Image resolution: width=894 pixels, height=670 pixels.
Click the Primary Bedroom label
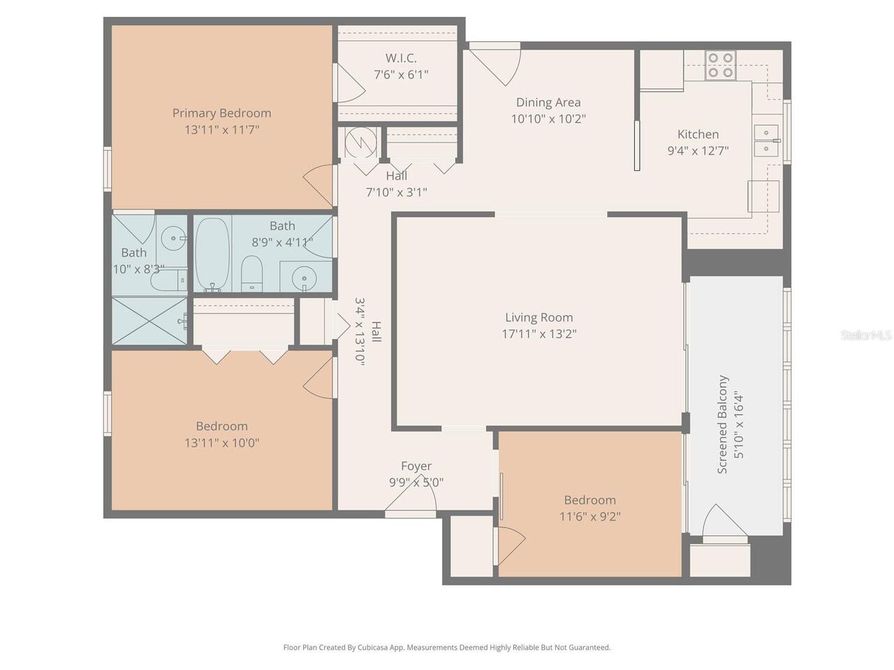(x=221, y=113)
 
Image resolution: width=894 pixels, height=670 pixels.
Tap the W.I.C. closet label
(x=401, y=58)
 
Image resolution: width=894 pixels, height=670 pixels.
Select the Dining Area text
(x=548, y=103)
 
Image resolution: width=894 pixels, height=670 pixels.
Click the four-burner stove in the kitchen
(x=719, y=65)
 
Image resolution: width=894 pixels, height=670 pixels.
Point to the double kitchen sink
(x=765, y=140)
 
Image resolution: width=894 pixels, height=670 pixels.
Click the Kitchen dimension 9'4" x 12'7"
(x=698, y=150)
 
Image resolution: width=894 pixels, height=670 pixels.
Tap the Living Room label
(x=538, y=318)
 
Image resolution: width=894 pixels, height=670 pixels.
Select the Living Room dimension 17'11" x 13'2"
(x=538, y=334)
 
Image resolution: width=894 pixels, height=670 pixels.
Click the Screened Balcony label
(x=723, y=424)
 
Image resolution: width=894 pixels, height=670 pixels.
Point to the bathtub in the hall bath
(x=211, y=255)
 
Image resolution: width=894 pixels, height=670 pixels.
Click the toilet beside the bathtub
(x=251, y=273)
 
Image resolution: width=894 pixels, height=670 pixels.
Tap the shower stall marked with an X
(x=149, y=321)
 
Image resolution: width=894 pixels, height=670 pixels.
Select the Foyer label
(x=416, y=466)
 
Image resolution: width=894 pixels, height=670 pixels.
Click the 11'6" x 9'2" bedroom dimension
(x=589, y=517)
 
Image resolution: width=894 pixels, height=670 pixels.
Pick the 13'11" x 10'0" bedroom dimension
(x=221, y=443)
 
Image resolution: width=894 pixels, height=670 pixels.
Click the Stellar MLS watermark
(x=866, y=336)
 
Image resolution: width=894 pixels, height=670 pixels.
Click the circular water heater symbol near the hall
(x=360, y=143)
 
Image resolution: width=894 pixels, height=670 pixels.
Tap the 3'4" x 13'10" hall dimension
(x=360, y=332)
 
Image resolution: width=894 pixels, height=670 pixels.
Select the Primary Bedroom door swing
(x=320, y=183)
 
